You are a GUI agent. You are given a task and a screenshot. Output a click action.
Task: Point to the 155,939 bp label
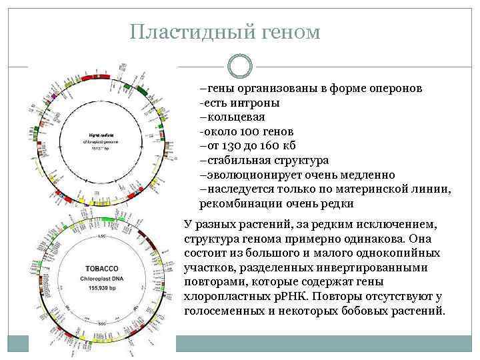[101, 290]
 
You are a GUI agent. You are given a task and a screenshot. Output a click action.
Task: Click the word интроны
[255, 103]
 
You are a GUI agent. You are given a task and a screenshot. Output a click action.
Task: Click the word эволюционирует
[250, 175]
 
